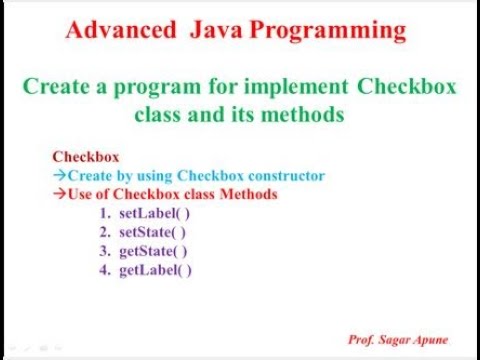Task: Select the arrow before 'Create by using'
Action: tap(59, 175)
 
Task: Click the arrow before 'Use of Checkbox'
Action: tap(59, 193)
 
